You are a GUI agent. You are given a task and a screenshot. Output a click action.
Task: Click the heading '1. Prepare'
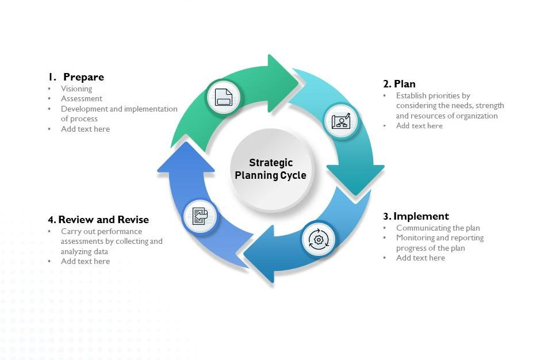76,77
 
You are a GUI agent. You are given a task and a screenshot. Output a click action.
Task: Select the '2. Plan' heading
399,84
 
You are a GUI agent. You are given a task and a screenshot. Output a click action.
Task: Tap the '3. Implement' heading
416,216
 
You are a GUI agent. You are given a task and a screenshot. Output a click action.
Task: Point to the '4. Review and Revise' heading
98,220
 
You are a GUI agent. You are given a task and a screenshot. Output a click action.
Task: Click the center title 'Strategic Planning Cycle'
271,169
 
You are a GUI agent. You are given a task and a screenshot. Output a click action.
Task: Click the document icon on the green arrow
224,97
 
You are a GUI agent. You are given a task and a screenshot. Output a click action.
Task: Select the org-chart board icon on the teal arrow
341,121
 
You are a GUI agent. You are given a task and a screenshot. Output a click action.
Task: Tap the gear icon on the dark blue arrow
318,239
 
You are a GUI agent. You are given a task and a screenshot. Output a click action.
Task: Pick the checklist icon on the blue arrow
200,217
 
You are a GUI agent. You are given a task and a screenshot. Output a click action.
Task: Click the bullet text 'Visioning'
76,89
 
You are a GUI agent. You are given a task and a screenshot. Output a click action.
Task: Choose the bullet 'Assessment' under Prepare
82,98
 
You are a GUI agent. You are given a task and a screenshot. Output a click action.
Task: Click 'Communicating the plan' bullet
438,228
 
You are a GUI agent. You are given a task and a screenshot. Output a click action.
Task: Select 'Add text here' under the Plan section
419,125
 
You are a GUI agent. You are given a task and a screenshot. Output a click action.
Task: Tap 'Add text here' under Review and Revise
85,261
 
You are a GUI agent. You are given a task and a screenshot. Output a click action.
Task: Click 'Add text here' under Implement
420,258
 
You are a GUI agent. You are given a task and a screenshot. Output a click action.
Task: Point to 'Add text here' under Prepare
85,129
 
